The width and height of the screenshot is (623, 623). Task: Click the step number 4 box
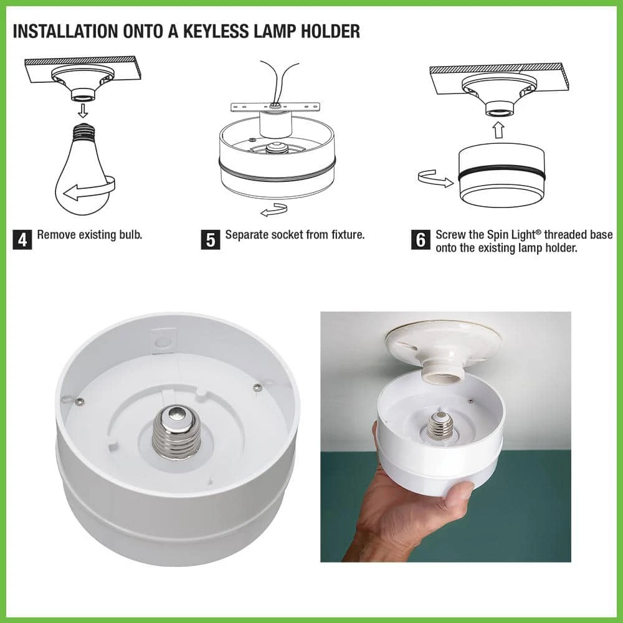[x=22, y=240]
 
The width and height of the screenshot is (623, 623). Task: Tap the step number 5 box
[x=210, y=240]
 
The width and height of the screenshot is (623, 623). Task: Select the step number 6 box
[x=421, y=240]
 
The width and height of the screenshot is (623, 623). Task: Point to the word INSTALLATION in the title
[x=65, y=31]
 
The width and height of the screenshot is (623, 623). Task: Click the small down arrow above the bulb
[x=83, y=110]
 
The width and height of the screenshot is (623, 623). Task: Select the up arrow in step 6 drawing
[x=499, y=129]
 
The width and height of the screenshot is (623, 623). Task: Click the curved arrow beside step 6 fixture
[x=435, y=179]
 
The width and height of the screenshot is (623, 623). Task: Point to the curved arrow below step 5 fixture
[x=274, y=210]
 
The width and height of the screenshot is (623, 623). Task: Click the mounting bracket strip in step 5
[x=275, y=107]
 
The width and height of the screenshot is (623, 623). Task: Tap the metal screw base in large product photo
[x=176, y=432]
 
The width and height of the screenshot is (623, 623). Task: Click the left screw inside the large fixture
[x=80, y=402]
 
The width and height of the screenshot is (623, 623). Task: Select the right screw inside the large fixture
[x=258, y=387]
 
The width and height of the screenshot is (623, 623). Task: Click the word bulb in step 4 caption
[x=130, y=235]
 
